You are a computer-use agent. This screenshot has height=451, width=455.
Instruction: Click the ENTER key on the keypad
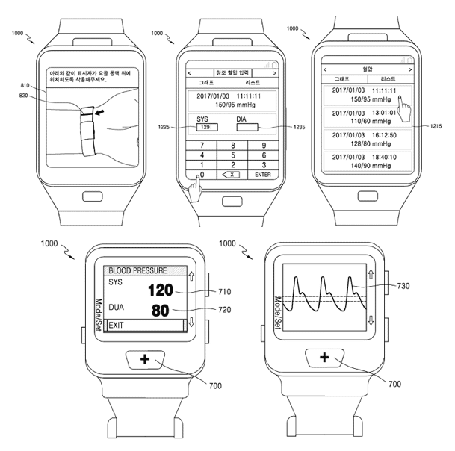pyautogui.click(x=262, y=174)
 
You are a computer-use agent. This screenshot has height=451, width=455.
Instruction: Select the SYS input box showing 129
pyautogui.click(x=204, y=128)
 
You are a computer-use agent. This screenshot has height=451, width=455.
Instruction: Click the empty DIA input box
pyautogui.click(x=247, y=128)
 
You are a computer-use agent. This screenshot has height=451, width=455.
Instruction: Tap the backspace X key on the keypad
pyautogui.click(x=232, y=174)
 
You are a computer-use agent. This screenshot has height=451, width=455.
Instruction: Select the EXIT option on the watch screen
pyautogui.click(x=117, y=326)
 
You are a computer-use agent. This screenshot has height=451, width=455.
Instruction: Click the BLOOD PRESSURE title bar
pyautogui.click(x=142, y=270)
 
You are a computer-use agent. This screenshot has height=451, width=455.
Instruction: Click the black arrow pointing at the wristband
pyautogui.click(x=100, y=112)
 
